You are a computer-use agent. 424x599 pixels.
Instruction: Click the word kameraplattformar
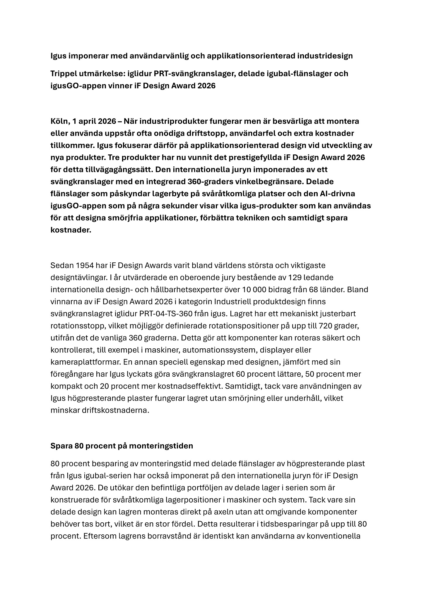tap(86, 362)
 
